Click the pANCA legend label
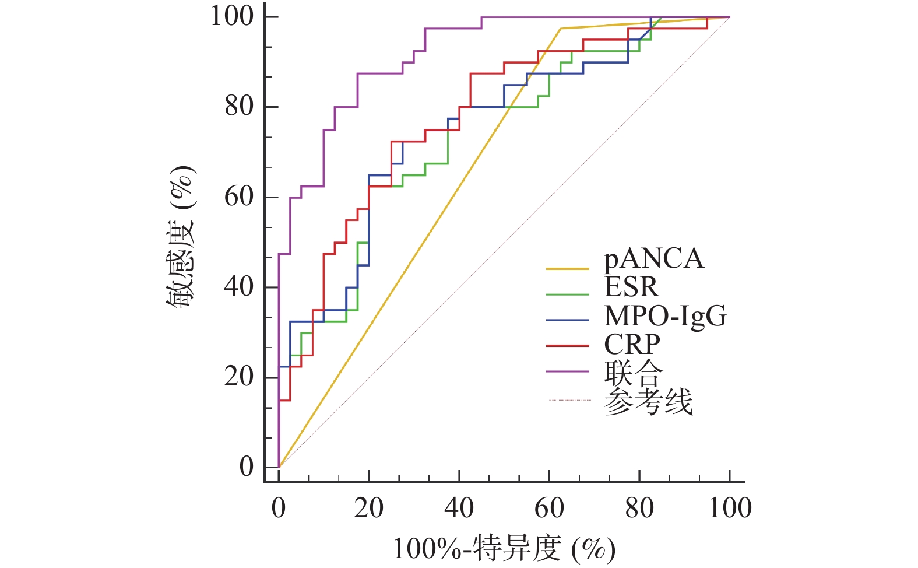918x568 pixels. coord(653,259)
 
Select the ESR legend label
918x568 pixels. coord(631,287)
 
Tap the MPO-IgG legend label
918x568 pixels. coord(665,316)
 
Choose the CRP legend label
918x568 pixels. coord(632,344)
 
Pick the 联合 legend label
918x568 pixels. coord(634,373)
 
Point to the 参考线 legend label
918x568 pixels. coord(648,402)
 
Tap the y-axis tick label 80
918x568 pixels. coord(239,107)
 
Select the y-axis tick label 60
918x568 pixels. coord(239,197)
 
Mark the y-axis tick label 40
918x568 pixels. coord(239,287)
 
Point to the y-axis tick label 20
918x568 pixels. coord(239,377)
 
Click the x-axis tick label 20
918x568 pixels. coord(368,509)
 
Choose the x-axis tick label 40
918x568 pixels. coord(459,509)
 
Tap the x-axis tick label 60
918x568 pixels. coord(549,509)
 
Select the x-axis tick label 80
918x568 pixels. coord(639,509)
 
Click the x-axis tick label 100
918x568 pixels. coord(730,509)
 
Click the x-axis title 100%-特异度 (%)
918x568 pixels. coord(504,549)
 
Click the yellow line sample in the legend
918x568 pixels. coord(567,269)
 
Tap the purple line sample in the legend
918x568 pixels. coord(567,371)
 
